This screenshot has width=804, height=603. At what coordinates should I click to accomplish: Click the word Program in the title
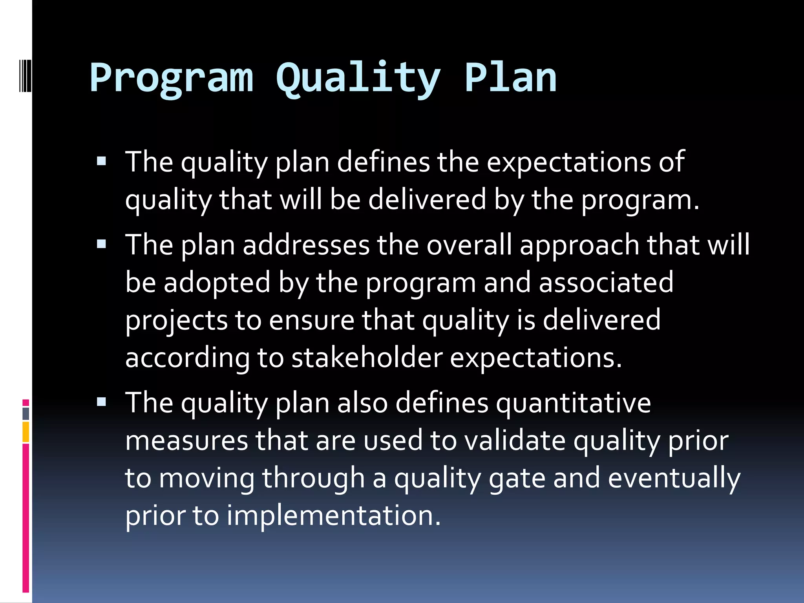(x=172, y=79)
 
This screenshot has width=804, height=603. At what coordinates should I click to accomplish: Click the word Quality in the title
(x=358, y=79)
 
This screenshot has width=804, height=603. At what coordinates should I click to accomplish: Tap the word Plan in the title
(x=510, y=79)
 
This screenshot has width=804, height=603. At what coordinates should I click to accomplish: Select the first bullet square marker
(x=101, y=161)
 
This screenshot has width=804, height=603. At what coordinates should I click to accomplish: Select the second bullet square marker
(x=101, y=244)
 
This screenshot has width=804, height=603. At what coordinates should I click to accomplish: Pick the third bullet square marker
(x=101, y=402)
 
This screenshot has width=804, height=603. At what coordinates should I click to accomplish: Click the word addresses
(x=306, y=245)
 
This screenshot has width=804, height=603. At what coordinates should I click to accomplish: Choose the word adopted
(x=217, y=283)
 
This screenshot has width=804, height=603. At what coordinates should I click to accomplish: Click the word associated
(x=606, y=283)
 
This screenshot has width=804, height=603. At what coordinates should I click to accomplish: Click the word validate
(x=515, y=440)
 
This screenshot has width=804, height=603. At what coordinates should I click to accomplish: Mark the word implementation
(x=334, y=515)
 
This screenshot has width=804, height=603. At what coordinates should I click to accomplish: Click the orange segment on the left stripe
(x=26, y=432)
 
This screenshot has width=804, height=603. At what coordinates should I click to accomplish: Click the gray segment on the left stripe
(x=26, y=414)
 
